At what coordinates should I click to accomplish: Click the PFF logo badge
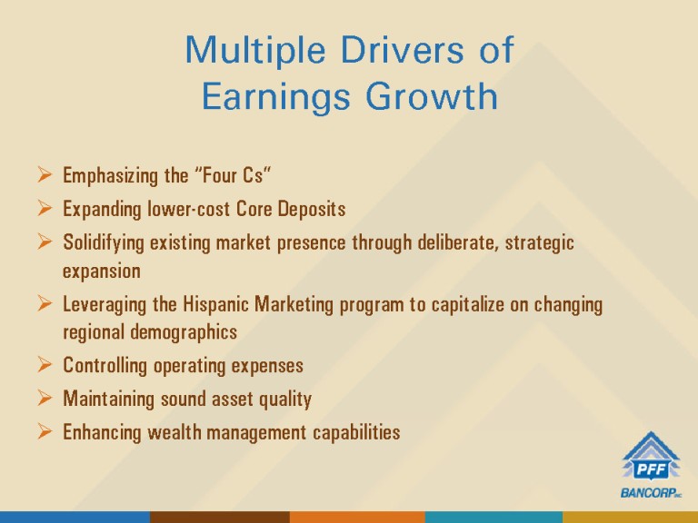coord(652,458)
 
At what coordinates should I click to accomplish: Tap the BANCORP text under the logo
coord(651,493)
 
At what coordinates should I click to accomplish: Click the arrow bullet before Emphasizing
coord(45,174)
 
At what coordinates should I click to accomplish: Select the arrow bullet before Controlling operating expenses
coord(45,364)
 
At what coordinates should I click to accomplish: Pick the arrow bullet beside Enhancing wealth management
coord(45,431)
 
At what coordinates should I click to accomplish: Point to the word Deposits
coord(312,209)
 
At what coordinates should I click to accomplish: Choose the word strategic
coord(539,242)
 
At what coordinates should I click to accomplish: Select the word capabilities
coord(356,432)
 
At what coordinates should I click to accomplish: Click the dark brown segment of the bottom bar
coord(220,518)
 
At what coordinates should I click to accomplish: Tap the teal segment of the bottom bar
coord(494,518)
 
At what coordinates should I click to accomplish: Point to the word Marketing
coord(294,305)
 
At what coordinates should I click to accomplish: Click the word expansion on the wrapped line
coord(102,271)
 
